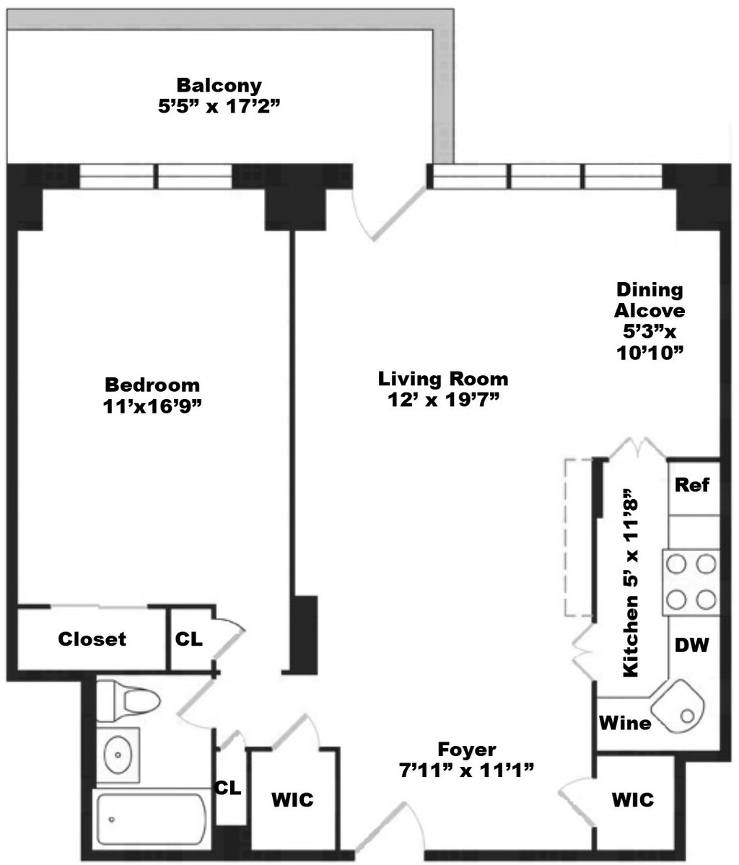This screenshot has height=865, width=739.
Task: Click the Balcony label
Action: pos(219,86)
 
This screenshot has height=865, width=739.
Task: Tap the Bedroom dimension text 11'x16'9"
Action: pos(152,407)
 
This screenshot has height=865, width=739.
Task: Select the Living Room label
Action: pos(443,379)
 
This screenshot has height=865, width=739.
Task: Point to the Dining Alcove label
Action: pos(650,300)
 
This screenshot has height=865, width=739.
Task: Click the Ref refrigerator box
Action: pos(694,486)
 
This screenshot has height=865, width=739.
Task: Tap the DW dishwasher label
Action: pos(691,644)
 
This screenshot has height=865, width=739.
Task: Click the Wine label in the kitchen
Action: pos(625,722)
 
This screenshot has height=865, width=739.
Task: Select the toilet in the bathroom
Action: pos(128,701)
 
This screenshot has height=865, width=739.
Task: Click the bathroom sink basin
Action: pos(118,754)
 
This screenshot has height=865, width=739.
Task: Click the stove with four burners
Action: pos(691,582)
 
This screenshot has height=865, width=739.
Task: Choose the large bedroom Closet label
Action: pos(92,638)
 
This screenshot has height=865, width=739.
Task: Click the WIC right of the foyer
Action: pos(632,799)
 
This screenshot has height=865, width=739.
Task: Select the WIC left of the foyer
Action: pos(292,799)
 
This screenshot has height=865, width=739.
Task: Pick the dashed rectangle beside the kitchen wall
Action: pos(578,537)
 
